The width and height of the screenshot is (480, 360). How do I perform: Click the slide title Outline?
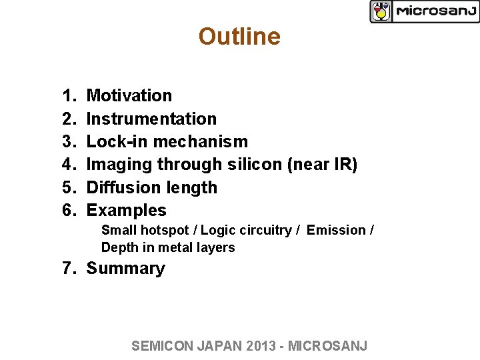pos(239,37)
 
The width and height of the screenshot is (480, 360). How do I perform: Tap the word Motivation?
pos(129,96)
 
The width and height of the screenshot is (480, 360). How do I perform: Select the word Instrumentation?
pos(151,119)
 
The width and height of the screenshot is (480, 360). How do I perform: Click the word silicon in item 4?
pos(251,165)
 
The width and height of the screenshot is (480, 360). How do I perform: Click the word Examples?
pos(127,211)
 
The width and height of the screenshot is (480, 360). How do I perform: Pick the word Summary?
pos(125,269)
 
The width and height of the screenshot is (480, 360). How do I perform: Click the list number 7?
pos(67,269)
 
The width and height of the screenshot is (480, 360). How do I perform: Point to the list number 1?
pos(67,96)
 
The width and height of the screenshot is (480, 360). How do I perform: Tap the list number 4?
pos(67,165)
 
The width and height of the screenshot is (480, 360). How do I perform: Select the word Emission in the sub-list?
pos(337,231)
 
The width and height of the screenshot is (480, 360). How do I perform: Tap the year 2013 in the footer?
pos(263,345)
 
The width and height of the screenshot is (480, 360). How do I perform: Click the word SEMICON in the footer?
pos(161,345)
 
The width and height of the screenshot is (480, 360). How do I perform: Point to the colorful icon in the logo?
pos(381,11)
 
